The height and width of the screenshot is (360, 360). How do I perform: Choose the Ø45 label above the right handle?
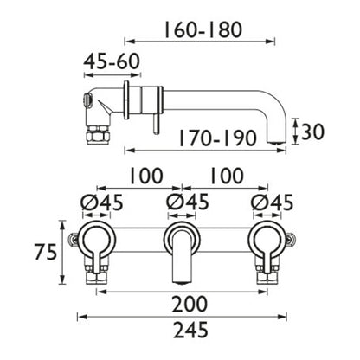click(x=271, y=203)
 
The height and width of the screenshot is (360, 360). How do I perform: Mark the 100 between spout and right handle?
click(x=227, y=176)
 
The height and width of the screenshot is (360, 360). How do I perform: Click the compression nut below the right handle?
click(x=269, y=277)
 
